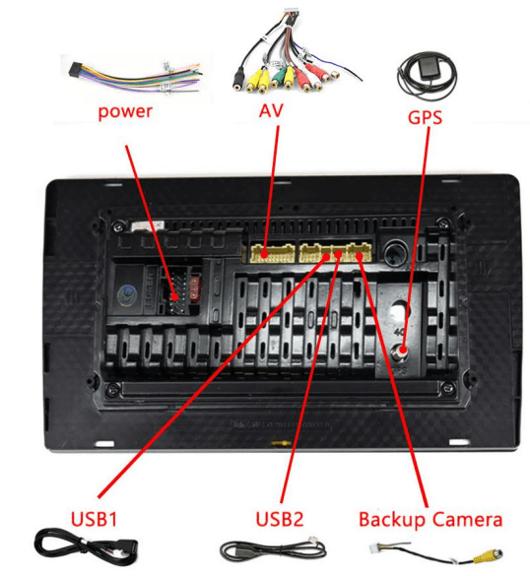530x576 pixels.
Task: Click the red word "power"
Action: pyautogui.click(x=125, y=110)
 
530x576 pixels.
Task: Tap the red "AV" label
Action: pyautogui.click(x=270, y=112)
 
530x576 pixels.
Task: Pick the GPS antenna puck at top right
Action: pyautogui.click(x=426, y=75)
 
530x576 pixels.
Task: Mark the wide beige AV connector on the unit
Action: pyautogui.click(x=270, y=253)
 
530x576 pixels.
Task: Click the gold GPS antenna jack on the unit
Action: pyautogui.click(x=405, y=347)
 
